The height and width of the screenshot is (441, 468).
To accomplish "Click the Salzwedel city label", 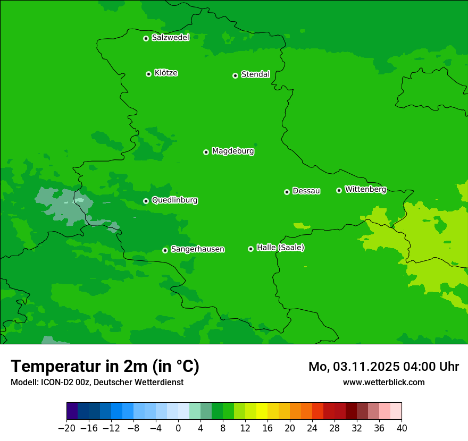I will pyautogui.click(x=170, y=38).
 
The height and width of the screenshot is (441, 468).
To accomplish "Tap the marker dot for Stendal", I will pyautogui.click(x=235, y=75).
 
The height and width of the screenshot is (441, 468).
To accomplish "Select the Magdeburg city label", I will pyautogui.click(x=233, y=151).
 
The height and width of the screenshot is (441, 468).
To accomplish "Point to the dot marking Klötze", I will pyautogui.click(x=148, y=74).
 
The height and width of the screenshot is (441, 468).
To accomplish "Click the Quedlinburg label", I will pyautogui.click(x=174, y=200).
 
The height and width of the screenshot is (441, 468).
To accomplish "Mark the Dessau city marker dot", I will pyautogui.click(x=287, y=192).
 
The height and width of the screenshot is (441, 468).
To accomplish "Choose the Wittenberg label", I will pyautogui.click(x=365, y=189).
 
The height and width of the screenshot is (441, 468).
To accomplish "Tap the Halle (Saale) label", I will pyautogui.click(x=280, y=248).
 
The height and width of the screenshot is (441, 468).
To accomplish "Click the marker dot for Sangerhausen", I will pyautogui.click(x=165, y=250).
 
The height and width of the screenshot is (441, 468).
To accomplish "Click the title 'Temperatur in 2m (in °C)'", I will pyautogui.click(x=105, y=367).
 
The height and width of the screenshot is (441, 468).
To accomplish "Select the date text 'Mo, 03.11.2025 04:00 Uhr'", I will pyautogui.click(x=383, y=367).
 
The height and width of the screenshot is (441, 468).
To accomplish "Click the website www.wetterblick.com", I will pyautogui.click(x=383, y=382).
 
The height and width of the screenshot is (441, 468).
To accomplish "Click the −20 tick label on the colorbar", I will pyautogui.click(x=66, y=428).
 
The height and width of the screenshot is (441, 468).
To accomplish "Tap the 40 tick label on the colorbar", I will pyautogui.click(x=402, y=428).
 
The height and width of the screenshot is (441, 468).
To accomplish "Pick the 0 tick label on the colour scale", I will pyautogui.click(x=178, y=428).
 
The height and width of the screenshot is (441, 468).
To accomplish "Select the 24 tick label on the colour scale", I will pyautogui.click(x=312, y=428).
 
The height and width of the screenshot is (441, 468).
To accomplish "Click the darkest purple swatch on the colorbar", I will pyautogui.click(x=72, y=411).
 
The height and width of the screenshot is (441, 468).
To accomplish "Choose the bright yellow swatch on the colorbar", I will pyautogui.click(x=262, y=411).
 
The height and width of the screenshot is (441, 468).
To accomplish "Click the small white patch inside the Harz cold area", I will pyautogui.click(x=78, y=200).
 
